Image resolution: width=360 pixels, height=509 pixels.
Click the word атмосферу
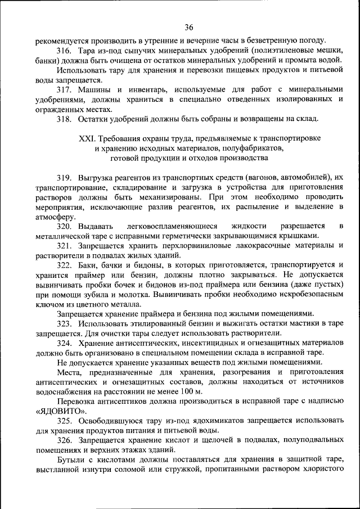[54, 216]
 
